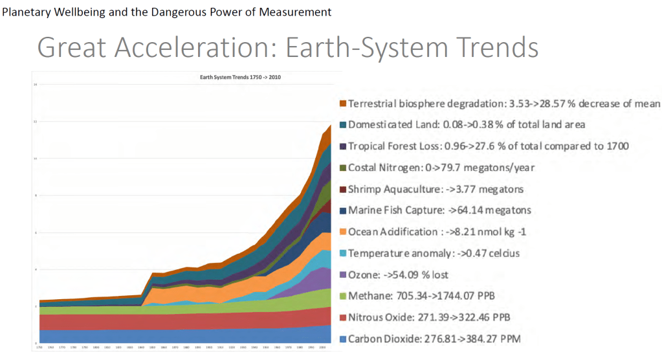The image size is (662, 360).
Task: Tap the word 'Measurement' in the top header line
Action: click(294, 12)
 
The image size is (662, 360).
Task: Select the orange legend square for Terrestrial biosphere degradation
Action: click(342, 104)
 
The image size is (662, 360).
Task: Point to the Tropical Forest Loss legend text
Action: click(488, 146)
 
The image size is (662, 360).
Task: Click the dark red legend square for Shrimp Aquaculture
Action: click(342, 189)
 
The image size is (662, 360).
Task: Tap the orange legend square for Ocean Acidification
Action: click(342, 232)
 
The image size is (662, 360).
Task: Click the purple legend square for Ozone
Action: click(342, 275)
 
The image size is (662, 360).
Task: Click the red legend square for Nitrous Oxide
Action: click(342, 317)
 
